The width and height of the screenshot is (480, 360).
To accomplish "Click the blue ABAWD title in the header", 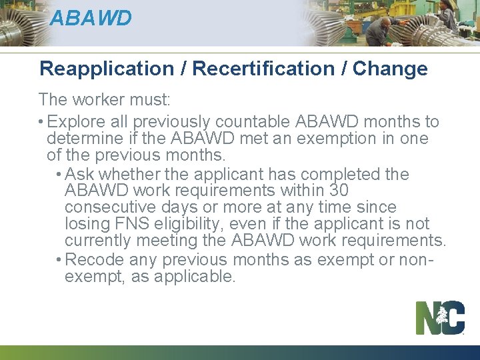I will click(91, 18).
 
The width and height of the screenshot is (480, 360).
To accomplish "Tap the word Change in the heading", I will click(390, 69).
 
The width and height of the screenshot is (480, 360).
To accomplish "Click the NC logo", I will click(440, 317).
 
